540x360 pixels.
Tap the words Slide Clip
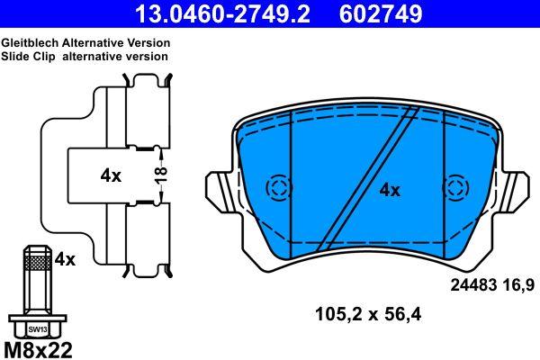click(x=25, y=56)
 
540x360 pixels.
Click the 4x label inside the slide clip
click(x=111, y=176)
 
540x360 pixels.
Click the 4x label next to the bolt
click(x=65, y=259)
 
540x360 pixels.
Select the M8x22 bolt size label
click(x=39, y=349)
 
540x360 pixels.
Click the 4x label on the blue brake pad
click(x=389, y=190)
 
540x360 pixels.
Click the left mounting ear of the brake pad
click(x=219, y=191)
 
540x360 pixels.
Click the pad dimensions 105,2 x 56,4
click(x=367, y=315)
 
